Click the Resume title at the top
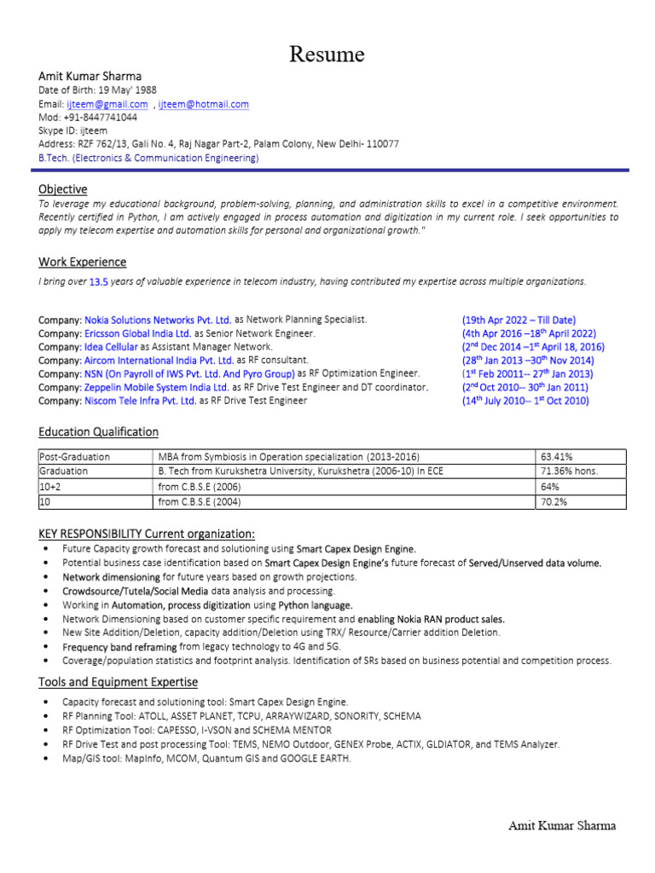click(x=327, y=55)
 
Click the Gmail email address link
click(x=107, y=104)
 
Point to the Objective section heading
click(x=62, y=188)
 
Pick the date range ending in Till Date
click(x=519, y=320)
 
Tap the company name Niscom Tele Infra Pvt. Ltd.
click(x=140, y=401)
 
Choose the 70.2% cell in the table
click(x=554, y=503)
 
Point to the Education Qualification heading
click(x=98, y=432)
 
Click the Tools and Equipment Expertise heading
click(x=118, y=682)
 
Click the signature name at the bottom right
click(x=561, y=825)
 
